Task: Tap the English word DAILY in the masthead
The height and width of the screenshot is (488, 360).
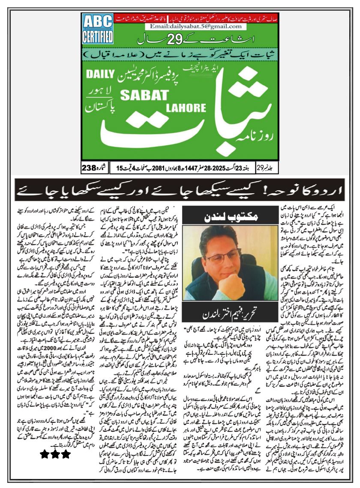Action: [100, 74]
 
